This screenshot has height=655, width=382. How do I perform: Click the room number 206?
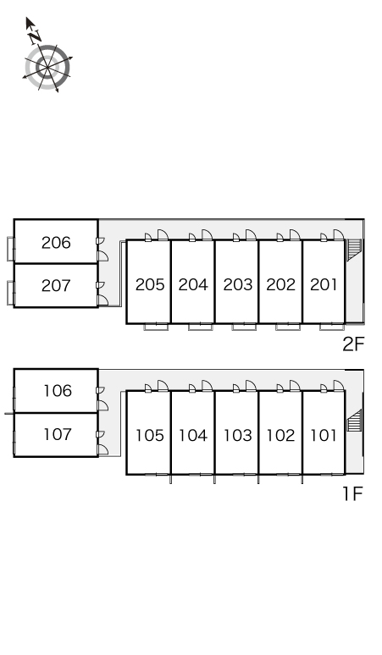56,242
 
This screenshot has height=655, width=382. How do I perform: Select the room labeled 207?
56,286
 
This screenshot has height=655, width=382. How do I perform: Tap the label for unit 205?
150,284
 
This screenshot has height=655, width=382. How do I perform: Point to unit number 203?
238,284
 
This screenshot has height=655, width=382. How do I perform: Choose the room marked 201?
324,284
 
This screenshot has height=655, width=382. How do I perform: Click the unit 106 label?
58,391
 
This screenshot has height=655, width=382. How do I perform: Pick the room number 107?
58,434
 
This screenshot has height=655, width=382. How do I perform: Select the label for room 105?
150,435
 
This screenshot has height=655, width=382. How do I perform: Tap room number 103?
237,435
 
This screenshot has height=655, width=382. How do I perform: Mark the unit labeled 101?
324,435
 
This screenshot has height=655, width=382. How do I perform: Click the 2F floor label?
353,344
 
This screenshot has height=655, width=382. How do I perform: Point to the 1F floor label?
352,493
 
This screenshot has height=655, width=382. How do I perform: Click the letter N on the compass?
35,37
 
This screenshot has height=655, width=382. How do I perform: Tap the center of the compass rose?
47,67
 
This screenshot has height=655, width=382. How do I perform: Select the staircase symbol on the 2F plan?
353,250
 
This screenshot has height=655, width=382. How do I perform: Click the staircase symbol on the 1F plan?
353,421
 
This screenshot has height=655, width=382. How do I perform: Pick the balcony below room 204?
200,327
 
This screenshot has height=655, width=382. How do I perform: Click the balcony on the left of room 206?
10,249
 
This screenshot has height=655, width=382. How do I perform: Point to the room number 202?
281,284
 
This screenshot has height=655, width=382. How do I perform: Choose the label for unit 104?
193,435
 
